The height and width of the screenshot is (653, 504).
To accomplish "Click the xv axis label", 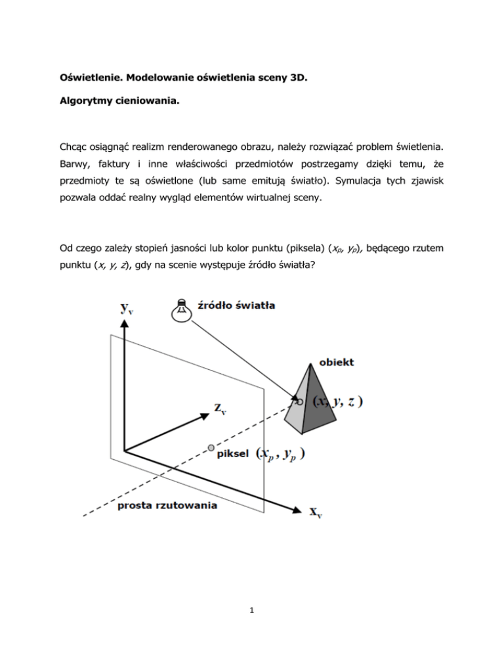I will pyautogui.click(x=316, y=511).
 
